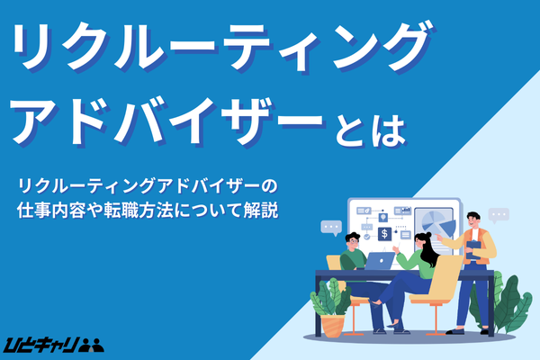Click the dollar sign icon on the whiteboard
(x=384, y=234)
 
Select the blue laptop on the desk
(x=381, y=260)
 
